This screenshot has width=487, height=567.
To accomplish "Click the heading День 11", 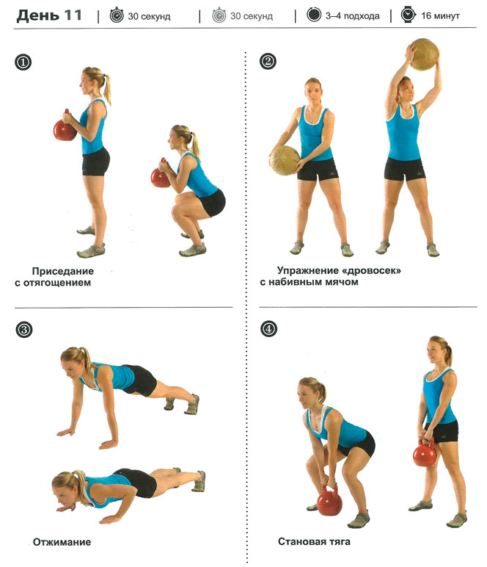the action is [49, 15].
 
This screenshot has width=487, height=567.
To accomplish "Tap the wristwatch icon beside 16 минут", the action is [408, 15].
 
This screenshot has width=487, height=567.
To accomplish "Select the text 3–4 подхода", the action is [352, 16].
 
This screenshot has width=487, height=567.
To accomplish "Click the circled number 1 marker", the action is [23, 62].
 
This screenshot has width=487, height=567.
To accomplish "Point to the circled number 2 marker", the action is [268, 61].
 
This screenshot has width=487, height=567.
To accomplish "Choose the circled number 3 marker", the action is [23, 330].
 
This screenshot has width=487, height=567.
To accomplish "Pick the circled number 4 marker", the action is [268, 329].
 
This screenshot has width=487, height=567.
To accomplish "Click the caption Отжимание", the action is [62, 542].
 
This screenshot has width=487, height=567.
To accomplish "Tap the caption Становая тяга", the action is [314, 541].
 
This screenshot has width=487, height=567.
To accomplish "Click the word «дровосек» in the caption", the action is [371, 270].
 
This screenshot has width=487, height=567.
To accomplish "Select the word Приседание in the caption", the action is [63, 271].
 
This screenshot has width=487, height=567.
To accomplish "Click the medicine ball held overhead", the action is [424, 54].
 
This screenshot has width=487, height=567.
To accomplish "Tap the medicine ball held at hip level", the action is [285, 161].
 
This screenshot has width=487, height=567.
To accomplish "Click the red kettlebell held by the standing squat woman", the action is [65, 126].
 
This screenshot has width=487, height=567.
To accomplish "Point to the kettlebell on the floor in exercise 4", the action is [329, 500].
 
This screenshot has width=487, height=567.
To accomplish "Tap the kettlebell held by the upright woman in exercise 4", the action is [425, 453].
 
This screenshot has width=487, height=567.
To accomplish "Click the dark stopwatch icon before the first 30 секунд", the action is [117, 15].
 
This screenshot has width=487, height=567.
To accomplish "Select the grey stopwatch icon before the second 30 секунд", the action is [219, 15].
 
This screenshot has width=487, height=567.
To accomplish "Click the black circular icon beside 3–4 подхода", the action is [314, 15].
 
